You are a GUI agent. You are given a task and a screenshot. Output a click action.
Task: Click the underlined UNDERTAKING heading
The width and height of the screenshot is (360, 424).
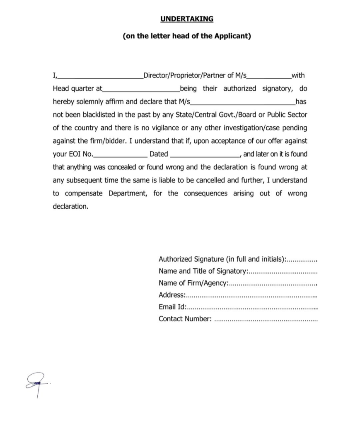pos(186,19)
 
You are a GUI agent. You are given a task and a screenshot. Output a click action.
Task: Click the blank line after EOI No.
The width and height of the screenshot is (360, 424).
pos(120,155)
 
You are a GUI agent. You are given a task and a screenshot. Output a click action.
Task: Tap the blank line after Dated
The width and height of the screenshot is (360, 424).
pos(205,155)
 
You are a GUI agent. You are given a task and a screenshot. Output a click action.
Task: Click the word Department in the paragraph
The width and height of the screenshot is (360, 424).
pos(128,193)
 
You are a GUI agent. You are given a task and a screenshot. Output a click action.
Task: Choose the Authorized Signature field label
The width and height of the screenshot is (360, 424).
pos(191,259)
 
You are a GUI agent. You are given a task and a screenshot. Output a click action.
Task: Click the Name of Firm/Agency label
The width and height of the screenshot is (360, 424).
pos(193,283)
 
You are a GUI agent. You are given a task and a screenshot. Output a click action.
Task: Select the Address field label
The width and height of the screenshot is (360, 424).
pos(172,295)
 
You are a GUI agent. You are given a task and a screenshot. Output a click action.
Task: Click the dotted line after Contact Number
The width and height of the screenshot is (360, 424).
pos(266,320)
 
